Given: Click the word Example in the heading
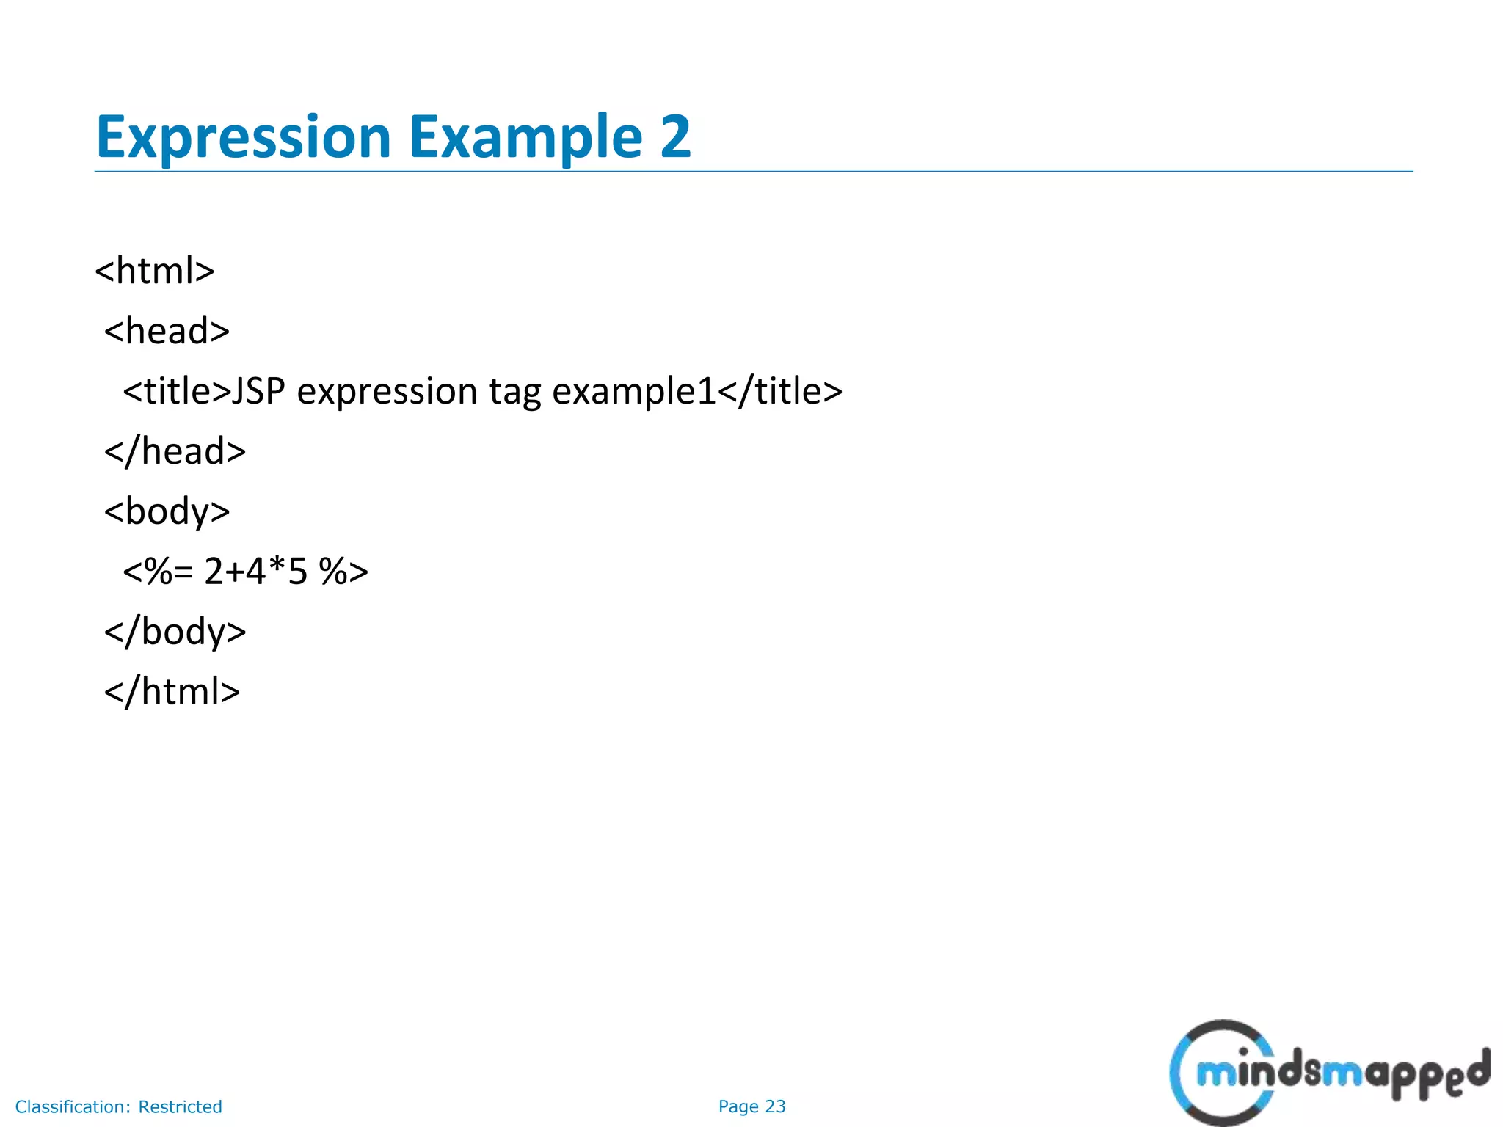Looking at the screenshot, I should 525,137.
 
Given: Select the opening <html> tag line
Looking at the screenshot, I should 155,271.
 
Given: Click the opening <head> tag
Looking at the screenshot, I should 167,331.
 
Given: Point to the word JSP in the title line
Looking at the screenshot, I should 258,391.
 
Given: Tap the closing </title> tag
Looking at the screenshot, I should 780,391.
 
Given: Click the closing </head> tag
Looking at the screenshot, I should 175,451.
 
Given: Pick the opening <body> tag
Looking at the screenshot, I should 167,511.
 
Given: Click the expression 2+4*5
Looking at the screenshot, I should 255,572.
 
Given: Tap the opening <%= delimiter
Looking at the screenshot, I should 158,572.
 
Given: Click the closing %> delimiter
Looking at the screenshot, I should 343,572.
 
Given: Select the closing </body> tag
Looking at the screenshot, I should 175,632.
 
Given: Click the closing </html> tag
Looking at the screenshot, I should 172,692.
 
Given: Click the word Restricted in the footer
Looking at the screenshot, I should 180,1106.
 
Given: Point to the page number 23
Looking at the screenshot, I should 775,1106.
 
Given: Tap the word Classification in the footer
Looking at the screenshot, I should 72,1106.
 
